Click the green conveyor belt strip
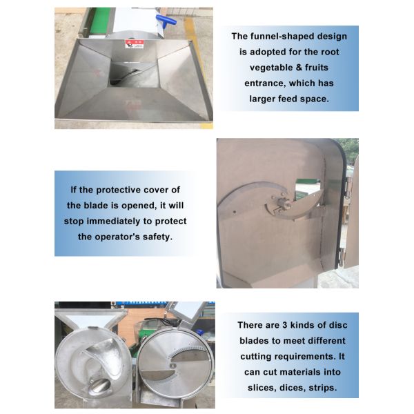(96, 21)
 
